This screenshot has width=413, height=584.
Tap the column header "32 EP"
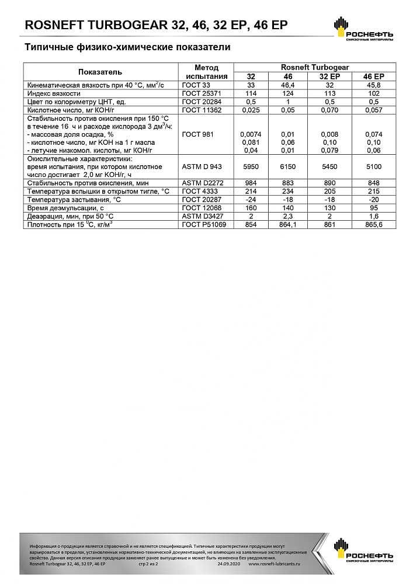(x=329, y=77)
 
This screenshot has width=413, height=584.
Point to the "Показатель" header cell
(x=100, y=72)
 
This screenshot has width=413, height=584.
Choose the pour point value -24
(x=251, y=200)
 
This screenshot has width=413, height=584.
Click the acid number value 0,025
(x=251, y=110)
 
